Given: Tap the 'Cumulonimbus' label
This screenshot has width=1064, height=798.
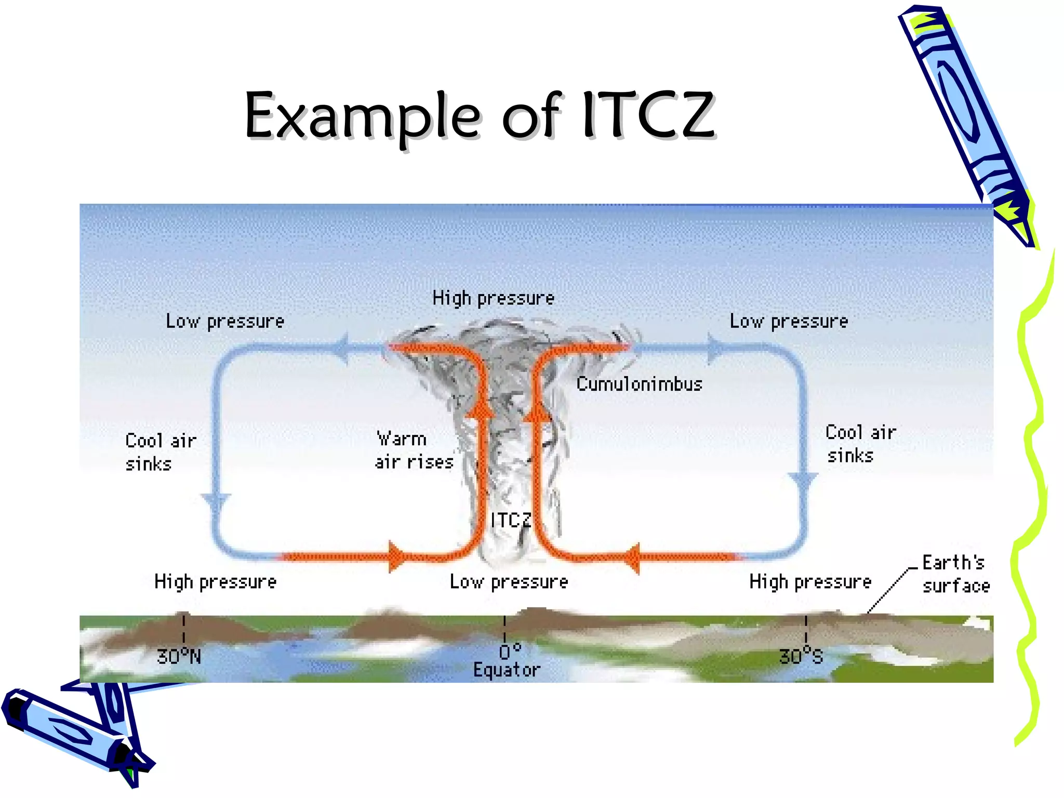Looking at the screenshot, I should pyautogui.click(x=639, y=384).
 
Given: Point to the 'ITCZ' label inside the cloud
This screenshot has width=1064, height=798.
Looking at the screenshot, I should pyautogui.click(x=511, y=520).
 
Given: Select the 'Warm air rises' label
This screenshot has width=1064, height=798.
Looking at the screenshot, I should pyautogui.click(x=414, y=450).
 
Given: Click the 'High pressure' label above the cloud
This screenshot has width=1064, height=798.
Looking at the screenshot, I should pyautogui.click(x=493, y=298).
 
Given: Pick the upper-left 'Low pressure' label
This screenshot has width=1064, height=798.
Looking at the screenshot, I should pyautogui.click(x=225, y=321).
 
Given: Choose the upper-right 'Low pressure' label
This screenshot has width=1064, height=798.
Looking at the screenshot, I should pyautogui.click(x=789, y=321).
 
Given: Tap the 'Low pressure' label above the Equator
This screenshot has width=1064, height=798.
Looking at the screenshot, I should pyautogui.click(x=509, y=581).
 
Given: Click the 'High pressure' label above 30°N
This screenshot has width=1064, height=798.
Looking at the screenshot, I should pyautogui.click(x=215, y=581).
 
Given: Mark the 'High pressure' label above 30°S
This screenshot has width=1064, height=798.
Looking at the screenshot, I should pyautogui.click(x=810, y=581).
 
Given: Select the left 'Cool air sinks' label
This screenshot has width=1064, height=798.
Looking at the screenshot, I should pyautogui.click(x=161, y=452).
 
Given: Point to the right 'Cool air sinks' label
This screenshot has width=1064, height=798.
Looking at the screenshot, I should pyautogui.click(x=860, y=444).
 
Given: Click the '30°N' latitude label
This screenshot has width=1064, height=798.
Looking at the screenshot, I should pyautogui.click(x=179, y=657).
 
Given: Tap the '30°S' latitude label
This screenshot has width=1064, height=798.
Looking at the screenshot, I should pyautogui.click(x=801, y=657).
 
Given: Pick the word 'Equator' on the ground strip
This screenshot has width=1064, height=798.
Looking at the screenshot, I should pyautogui.click(x=507, y=670).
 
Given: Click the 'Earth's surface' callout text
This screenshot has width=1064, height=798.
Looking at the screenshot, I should pyautogui.click(x=955, y=574).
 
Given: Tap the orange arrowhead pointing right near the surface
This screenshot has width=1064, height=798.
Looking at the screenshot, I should pyautogui.click(x=397, y=557).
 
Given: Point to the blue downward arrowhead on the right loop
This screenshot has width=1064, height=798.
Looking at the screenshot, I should pyautogui.click(x=803, y=482).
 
